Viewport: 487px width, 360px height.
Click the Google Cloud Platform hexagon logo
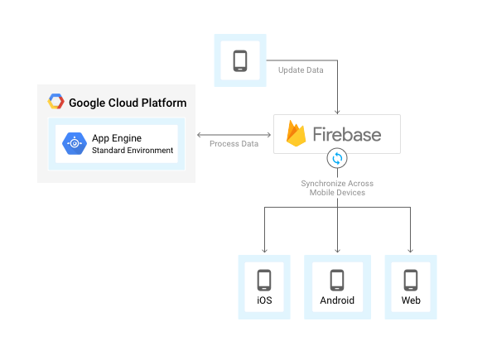pyautogui.click(x=56, y=102)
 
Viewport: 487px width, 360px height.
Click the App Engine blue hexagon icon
pyautogui.click(x=75, y=143)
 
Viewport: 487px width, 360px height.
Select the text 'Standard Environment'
pyautogui.click(x=133, y=151)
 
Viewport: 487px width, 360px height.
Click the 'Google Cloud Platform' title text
pyautogui.click(x=128, y=103)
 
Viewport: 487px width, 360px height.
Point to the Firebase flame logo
pyautogui.click(x=297, y=134)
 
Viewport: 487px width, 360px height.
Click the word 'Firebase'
pyautogui.click(x=346, y=134)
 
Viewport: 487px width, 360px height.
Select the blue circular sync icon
pyautogui.click(x=338, y=158)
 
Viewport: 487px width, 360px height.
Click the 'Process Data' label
pyautogui.click(x=234, y=144)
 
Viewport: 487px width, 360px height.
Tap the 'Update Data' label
pyautogui.click(x=300, y=70)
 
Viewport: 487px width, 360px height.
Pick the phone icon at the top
pyautogui.click(x=240, y=60)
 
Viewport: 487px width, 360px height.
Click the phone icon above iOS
pyautogui.click(x=264, y=279)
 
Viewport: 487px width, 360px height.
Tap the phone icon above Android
pyautogui.click(x=337, y=279)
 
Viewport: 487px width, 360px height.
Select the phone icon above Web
pyautogui.click(x=410, y=279)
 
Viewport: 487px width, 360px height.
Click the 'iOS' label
pyautogui.click(x=264, y=300)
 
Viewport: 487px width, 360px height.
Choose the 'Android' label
pyautogui.click(x=337, y=300)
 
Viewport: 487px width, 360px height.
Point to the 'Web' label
pyautogui.click(x=410, y=300)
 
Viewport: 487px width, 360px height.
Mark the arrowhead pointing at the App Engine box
pyautogui.click(x=199, y=134)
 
